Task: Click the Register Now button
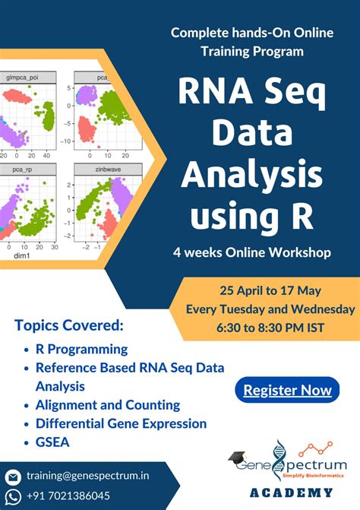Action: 287,391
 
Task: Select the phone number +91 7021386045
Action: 68,495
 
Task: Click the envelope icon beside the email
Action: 13,477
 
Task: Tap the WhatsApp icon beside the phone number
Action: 13,496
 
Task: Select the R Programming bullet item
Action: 82,350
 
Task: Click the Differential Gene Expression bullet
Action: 121,423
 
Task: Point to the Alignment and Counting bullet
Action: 108,405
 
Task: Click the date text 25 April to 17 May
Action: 270,292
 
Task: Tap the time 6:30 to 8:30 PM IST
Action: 270,328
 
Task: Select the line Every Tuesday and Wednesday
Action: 270,309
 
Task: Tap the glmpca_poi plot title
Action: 24,77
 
